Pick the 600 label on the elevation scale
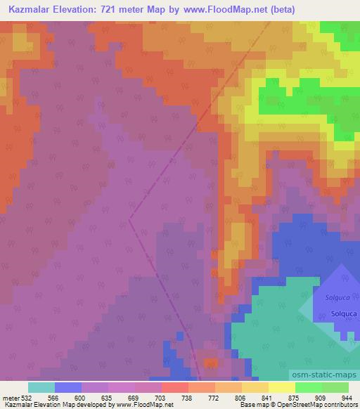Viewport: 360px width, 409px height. coord(81,397)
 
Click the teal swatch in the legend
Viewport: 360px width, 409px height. coord(41,387)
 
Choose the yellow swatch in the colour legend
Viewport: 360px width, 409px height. coord(281,387)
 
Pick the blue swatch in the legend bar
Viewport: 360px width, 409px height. coord(67,387)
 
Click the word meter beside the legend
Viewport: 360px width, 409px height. coord(9,397)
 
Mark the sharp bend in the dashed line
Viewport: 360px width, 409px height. coord(130,219)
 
